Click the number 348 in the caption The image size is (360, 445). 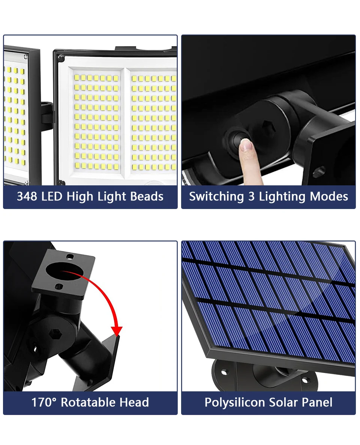[x=27, y=196]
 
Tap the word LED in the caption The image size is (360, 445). [x=52, y=196]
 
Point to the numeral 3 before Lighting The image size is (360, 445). [x=251, y=196]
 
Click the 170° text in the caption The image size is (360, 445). [x=44, y=402]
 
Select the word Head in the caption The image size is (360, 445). [x=135, y=402]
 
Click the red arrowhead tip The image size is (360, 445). [x=117, y=335]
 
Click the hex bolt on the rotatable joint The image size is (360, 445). [x=55, y=334]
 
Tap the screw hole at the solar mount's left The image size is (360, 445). [x=224, y=371]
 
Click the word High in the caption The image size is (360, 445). [x=79, y=197]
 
